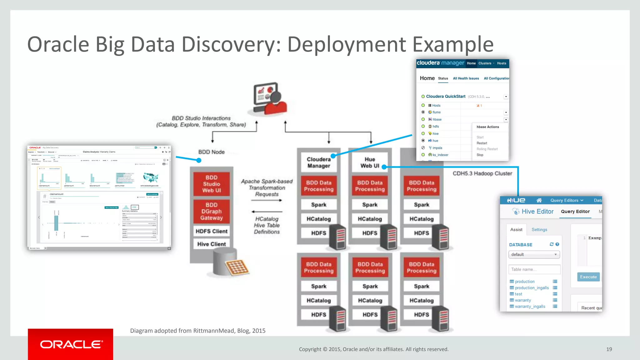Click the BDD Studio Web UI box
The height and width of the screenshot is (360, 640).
coord(212,184)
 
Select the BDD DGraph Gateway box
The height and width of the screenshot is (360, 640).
coord(212,211)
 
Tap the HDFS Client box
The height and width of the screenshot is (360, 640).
coord(212,231)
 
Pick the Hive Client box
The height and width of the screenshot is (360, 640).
coord(212,244)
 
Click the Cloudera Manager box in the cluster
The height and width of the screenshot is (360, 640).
coord(318,162)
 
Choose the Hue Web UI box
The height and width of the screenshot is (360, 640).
coord(370,162)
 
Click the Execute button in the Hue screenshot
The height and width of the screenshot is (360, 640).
coord(588,277)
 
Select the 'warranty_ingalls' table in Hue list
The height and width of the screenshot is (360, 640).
coord(530,307)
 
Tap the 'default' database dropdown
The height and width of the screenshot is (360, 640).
coord(534,254)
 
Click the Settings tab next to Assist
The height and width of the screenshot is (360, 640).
coord(539,230)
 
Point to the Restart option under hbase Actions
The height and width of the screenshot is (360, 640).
coord(482,143)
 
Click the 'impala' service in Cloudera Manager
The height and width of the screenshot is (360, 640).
coord(437,148)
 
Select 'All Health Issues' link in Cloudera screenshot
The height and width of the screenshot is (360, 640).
coord(466,78)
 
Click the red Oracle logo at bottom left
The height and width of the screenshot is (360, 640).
coord(71,344)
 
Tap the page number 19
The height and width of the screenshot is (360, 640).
coord(609,349)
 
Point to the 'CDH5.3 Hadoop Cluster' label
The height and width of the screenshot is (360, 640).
coord(482,173)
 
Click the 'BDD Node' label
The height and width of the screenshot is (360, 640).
coord(212,152)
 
